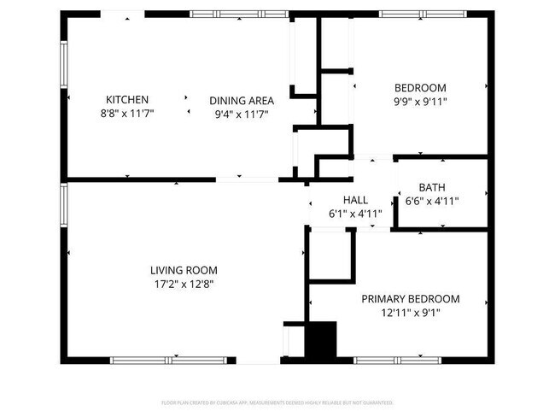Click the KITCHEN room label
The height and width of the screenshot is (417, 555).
pos(127,99)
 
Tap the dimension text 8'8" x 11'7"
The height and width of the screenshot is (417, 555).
pos(127,114)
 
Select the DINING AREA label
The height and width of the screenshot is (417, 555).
pos(241,100)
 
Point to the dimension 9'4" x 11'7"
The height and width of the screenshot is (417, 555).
pos(241,114)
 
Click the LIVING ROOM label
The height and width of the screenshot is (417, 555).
pos(186,270)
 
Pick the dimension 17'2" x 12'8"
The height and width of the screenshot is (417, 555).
pos(186,284)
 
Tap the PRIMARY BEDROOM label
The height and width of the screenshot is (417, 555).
pos(410,299)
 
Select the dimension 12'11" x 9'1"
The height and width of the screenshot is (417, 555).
pos(410,313)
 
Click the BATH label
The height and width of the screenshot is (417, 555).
pos(431,188)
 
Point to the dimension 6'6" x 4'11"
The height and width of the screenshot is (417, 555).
pos(438,202)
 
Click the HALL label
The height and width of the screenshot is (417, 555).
pos(355,200)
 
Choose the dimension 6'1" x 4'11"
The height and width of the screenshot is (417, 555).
pos(355,214)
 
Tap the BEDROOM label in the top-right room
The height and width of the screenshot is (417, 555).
pos(420,87)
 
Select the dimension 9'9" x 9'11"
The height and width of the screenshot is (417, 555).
pos(420,101)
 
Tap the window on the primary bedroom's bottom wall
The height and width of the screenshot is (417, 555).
pos(394,360)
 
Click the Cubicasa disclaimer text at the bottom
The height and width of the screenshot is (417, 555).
pos(277,402)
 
